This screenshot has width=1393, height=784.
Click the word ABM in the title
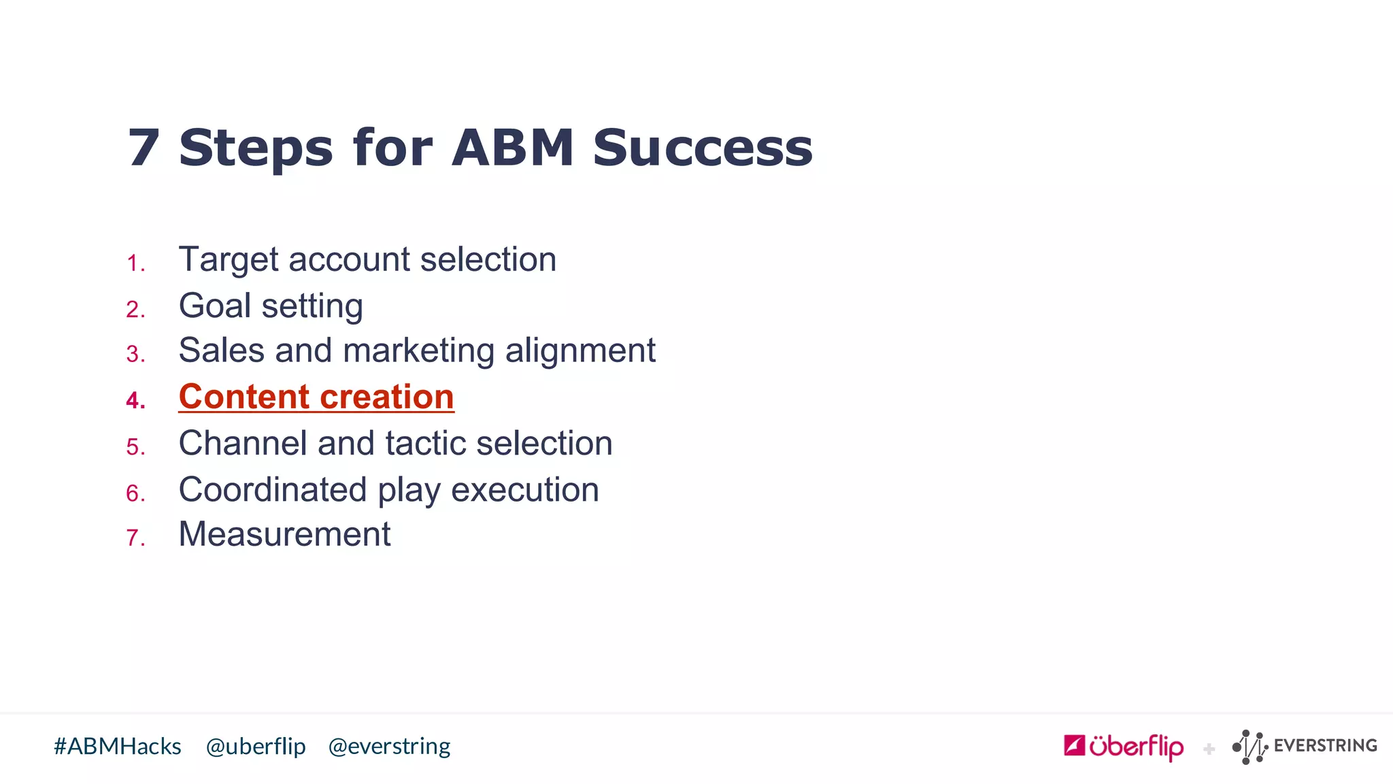point(513,148)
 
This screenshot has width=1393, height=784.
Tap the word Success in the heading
point(703,148)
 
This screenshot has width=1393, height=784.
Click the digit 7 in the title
point(144,148)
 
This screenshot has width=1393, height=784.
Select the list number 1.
point(135,264)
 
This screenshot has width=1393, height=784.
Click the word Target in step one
point(229,260)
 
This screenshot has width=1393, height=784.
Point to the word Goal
point(214,306)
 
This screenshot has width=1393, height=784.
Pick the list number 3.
point(135,355)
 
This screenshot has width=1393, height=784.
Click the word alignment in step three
point(580,351)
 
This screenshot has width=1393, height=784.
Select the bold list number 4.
point(135,400)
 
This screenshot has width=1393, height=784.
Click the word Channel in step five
point(242,443)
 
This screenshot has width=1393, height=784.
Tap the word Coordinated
point(272,490)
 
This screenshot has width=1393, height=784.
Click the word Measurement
point(284,534)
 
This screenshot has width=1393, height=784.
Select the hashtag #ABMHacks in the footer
point(118,747)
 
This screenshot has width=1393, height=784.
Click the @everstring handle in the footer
point(389,747)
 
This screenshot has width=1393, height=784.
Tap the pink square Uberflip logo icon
point(1074,745)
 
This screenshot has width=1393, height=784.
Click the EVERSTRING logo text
point(1325,746)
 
